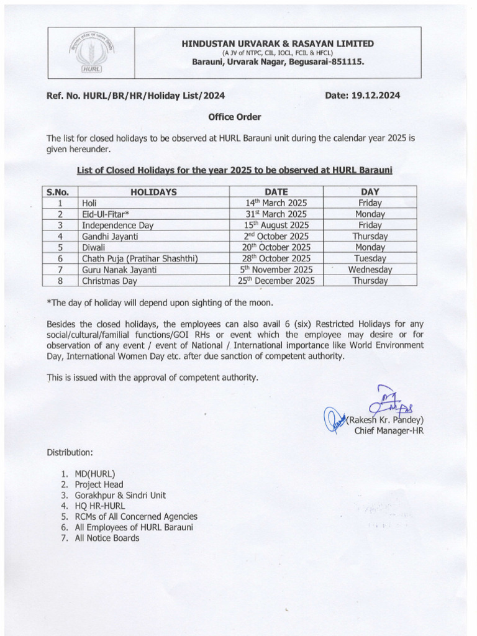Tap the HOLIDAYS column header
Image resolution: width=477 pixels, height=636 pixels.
pyautogui.click(x=153, y=192)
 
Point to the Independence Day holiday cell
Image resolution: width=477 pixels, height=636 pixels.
pyautogui.click(x=117, y=225)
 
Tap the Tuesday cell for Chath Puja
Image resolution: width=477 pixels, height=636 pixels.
pyautogui.click(x=370, y=258)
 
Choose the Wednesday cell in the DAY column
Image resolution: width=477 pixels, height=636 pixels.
pyautogui.click(x=370, y=270)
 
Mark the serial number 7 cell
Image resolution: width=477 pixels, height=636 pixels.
pyautogui.click(x=61, y=270)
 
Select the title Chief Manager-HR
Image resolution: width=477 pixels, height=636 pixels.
pyautogui.click(x=388, y=430)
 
